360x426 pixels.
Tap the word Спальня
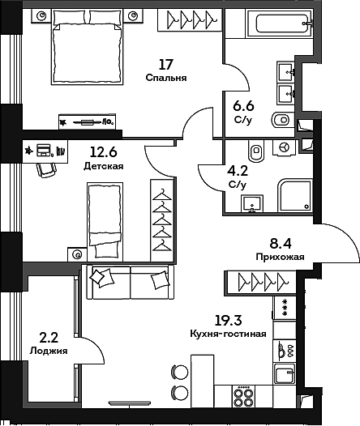(167, 79)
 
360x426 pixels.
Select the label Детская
(103, 166)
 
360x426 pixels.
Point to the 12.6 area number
(103, 150)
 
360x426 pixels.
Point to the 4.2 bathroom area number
(237, 171)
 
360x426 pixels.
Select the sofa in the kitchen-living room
(130, 283)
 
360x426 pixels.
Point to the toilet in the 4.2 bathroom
(256, 151)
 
